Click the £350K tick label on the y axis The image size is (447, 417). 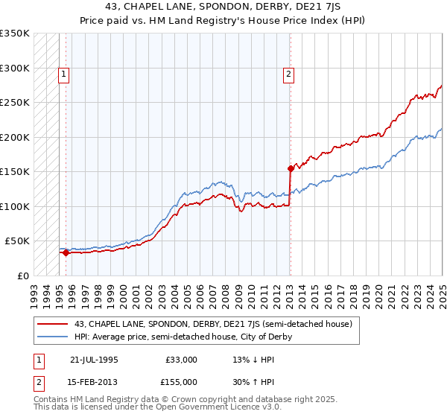[15, 34]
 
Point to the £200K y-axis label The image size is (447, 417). [15, 137]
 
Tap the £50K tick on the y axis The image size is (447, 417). [18, 241]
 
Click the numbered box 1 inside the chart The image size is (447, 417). [64, 74]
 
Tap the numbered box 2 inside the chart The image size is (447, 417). [288, 74]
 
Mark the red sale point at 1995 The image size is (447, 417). [66, 252]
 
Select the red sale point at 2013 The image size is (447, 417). [291, 168]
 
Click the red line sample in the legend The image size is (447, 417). [53, 323]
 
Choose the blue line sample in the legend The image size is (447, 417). [53, 337]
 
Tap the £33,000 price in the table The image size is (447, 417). [182, 360]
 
